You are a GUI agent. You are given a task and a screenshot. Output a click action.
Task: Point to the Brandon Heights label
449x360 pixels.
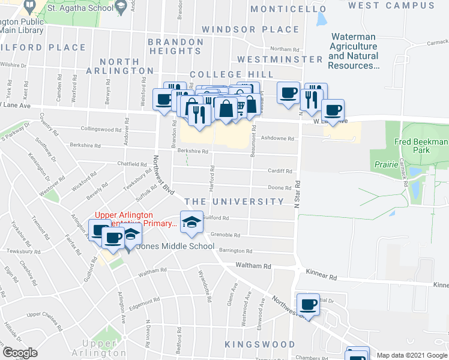[175, 46]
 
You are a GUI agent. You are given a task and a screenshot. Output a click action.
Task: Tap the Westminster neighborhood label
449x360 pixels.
[280, 59]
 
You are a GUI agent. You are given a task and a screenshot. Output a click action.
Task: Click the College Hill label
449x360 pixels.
[232, 74]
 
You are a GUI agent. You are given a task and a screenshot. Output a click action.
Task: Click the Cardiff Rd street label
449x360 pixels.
[280, 170]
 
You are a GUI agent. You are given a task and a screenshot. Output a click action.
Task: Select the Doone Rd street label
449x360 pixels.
[280, 188]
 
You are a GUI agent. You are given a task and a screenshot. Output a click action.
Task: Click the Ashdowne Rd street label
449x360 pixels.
[281, 139]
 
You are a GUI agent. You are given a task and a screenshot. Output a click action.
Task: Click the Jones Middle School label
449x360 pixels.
[176, 246]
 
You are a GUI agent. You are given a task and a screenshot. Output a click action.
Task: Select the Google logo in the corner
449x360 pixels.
[20, 353]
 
